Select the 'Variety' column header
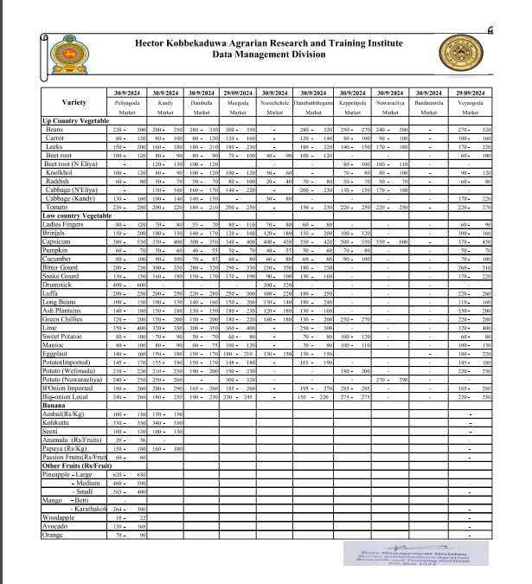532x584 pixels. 74,102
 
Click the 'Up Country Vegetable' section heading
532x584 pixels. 74,121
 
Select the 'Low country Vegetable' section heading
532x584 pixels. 76,215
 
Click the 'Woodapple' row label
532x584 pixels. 57,517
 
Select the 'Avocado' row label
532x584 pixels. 54,526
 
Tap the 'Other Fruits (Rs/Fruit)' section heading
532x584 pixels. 77,466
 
